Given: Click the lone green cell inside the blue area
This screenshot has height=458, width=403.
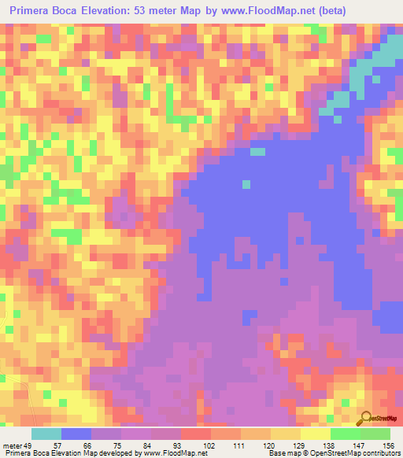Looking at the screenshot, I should coord(246,184).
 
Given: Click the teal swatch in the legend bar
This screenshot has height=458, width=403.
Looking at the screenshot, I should coord(46,434).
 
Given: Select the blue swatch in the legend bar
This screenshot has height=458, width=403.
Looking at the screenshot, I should coord(76,434).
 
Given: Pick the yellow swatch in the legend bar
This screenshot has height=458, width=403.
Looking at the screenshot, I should coord(285,434).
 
